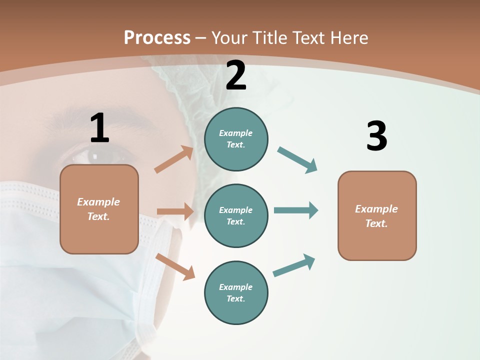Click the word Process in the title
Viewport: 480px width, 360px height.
(x=157, y=37)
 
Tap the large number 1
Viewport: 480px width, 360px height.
(x=99, y=128)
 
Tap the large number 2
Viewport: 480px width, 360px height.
(x=236, y=75)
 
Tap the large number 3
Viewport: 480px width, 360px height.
(x=376, y=136)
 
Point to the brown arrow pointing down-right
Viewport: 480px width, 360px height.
(x=175, y=266)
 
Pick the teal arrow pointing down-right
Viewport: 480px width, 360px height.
(x=297, y=160)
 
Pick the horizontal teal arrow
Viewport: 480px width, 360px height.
(x=295, y=210)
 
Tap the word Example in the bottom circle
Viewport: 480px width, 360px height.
(x=235, y=287)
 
